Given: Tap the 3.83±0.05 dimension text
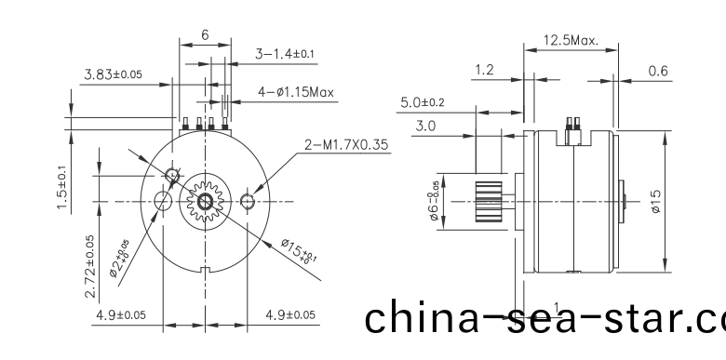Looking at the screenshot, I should (113, 74).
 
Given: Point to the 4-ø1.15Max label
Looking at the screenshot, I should (295, 92).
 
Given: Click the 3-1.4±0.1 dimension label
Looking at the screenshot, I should (286, 55).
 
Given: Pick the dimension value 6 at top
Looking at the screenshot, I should (205, 34).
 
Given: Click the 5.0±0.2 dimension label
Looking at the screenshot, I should (423, 102).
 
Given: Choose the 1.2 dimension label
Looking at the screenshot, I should (484, 71).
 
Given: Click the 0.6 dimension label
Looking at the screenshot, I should (657, 71).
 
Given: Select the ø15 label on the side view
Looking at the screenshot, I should (658, 202).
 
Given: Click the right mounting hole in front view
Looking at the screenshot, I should (247, 202).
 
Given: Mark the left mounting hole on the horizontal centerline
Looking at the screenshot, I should (162, 201).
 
